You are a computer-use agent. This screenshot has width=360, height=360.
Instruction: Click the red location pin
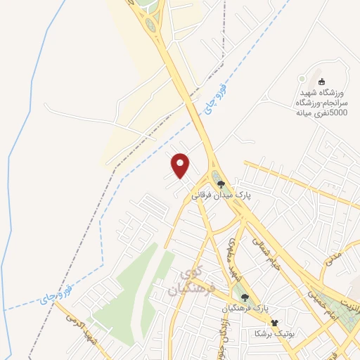pyautogui.click(x=181, y=166)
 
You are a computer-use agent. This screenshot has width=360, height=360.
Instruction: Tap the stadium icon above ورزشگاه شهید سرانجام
pyautogui.click(x=323, y=82)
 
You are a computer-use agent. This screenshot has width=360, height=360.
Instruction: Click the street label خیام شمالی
pyautogui.click(x=266, y=266)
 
